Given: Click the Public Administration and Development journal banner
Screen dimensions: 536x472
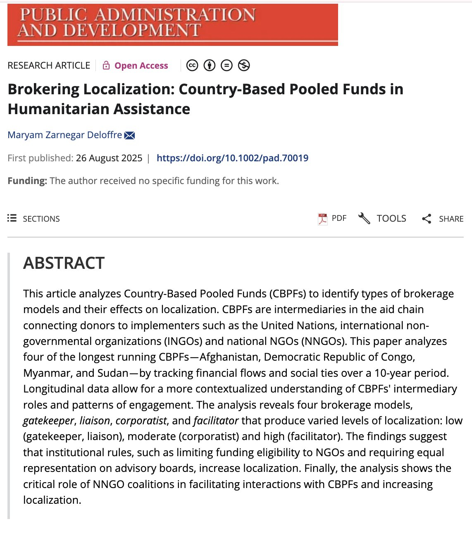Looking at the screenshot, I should click(172, 24).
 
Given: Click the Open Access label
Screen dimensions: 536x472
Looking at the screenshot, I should click(141, 66).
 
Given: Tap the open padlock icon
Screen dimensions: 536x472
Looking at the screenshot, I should click(106, 65).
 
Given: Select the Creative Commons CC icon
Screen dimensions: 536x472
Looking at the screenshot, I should click(192, 65).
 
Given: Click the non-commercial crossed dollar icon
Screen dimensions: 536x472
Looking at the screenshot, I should click(244, 65).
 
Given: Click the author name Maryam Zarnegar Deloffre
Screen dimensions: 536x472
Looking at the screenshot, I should click(65, 135).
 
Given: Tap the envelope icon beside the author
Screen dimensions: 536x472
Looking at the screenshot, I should click(129, 135).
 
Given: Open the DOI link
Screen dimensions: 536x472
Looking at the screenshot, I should click(232, 158).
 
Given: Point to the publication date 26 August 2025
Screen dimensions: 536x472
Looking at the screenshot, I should click(109, 158).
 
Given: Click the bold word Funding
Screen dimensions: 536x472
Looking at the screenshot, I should click(27, 181).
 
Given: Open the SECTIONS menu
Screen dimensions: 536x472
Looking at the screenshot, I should click(34, 218).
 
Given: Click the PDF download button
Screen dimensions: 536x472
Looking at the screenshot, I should click(332, 218).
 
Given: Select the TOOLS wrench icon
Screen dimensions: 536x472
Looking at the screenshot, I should click(364, 218).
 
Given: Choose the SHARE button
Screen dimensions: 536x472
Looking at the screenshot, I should click(443, 218).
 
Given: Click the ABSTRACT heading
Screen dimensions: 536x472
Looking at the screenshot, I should click(64, 263).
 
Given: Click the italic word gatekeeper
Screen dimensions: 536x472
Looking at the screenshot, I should click(48, 421).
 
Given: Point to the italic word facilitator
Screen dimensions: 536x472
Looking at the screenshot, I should click(216, 421).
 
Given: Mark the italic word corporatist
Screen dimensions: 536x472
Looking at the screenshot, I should click(141, 421).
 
